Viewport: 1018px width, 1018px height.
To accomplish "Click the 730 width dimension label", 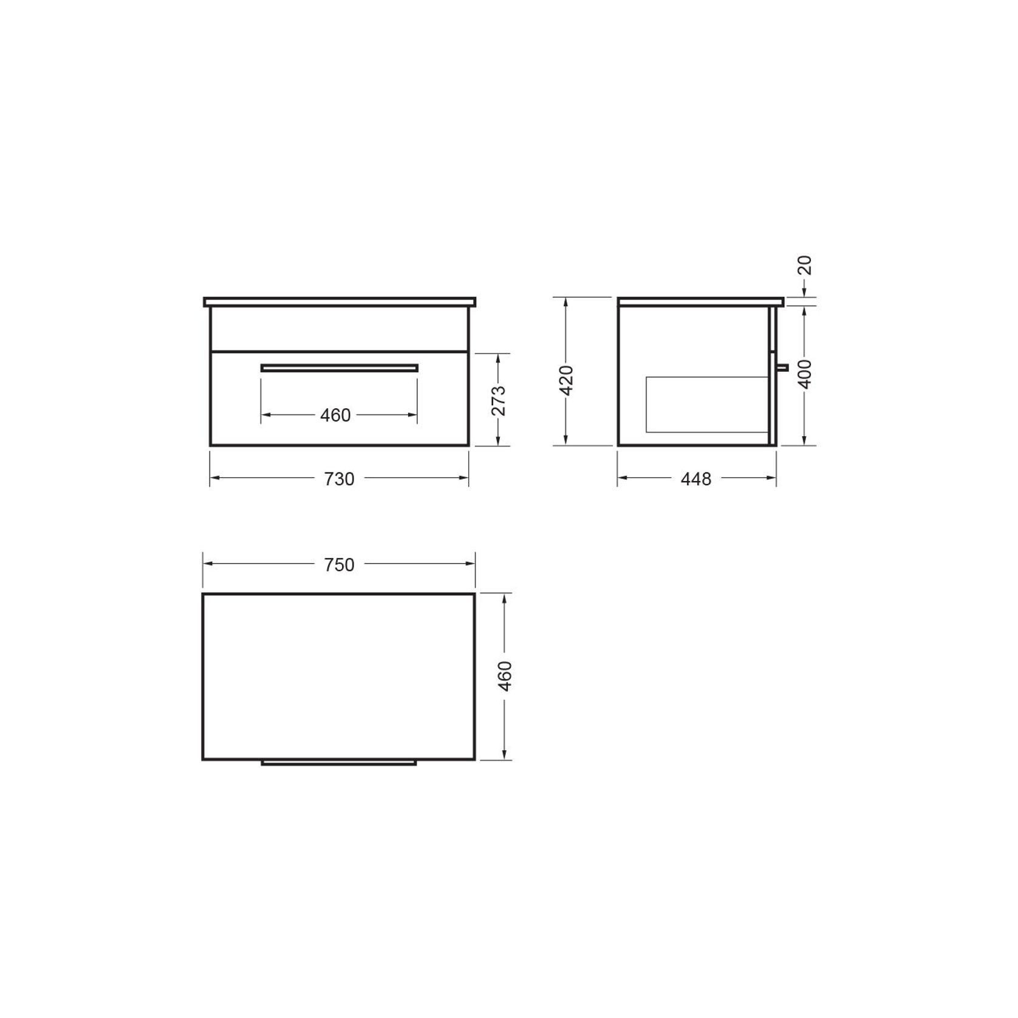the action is click(x=339, y=479).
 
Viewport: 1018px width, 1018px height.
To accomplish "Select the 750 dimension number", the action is click(x=339, y=565).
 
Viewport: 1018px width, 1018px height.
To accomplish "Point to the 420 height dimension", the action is click(x=566, y=380).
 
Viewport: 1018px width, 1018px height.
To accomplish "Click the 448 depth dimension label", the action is click(x=696, y=479).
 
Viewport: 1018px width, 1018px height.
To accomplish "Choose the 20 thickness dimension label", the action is click(x=805, y=265).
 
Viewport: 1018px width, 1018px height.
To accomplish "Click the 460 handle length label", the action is click(x=335, y=415).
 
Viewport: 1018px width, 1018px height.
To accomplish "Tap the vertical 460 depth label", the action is click(x=505, y=675).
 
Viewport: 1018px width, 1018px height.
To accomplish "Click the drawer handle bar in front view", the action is click(x=340, y=367).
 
